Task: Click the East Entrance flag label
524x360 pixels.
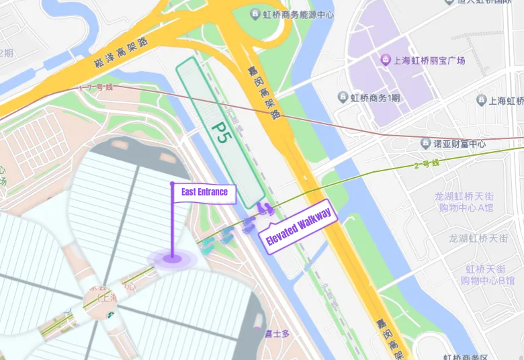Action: pos(204,193)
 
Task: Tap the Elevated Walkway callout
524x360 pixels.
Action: pos(298,226)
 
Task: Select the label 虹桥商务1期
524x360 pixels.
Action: pos(375,98)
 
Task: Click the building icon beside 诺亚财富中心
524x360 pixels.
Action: pos(425,143)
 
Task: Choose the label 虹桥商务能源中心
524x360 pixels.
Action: pos(298,14)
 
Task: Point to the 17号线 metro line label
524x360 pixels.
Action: pos(96,88)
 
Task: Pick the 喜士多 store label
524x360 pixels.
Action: pos(275,332)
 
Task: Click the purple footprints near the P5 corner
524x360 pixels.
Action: pos(266,210)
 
